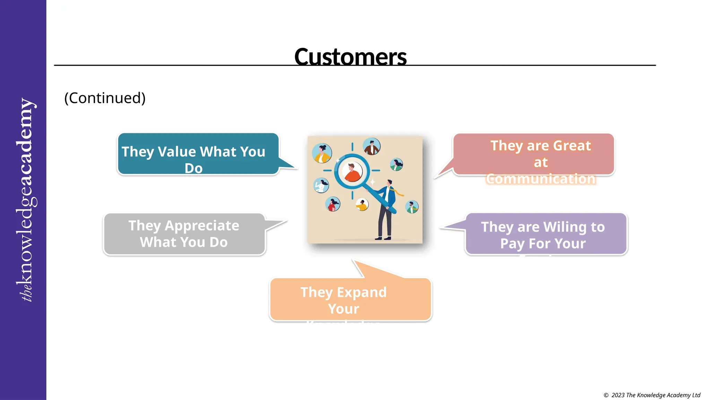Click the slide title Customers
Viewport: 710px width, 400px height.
[x=350, y=57]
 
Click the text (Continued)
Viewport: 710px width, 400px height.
[x=105, y=98]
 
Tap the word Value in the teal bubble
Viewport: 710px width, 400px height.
[x=177, y=152]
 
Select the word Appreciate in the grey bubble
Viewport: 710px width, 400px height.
[x=202, y=226]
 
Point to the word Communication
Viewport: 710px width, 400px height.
[x=540, y=179]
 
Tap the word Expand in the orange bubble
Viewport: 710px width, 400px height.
[x=362, y=292]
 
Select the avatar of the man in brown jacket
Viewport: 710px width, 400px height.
[x=372, y=146]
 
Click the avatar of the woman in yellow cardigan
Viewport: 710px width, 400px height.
[x=322, y=153]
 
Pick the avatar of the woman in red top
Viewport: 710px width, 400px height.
[x=333, y=204]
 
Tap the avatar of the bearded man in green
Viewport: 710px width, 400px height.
[x=412, y=207]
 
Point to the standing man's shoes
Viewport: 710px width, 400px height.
[x=383, y=238]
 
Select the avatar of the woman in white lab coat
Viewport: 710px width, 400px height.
[x=321, y=185]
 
